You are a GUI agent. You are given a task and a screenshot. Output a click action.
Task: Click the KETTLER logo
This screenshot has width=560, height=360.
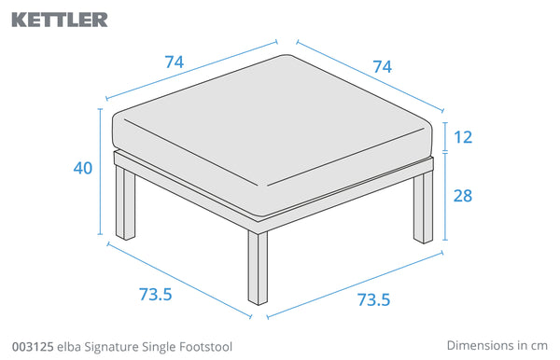(60, 20)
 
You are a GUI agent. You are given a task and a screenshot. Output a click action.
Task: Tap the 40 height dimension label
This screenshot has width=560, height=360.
(83, 168)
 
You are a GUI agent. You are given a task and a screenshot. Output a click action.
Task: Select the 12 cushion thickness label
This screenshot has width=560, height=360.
(463, 137)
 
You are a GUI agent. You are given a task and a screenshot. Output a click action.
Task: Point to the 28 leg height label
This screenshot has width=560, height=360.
(463, 196)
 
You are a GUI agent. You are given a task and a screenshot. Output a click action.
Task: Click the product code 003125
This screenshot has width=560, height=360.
(33, 347)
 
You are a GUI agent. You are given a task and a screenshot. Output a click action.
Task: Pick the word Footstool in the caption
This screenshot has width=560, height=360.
(205, 347)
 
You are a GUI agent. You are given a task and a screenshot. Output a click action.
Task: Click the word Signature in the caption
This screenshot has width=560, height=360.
(111, 347)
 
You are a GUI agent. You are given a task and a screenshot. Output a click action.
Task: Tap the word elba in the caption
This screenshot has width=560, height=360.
(68, 347)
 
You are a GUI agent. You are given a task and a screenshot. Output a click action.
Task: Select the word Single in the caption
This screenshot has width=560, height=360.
(159, 347)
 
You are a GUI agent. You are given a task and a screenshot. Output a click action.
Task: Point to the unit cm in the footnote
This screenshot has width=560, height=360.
(539, 346)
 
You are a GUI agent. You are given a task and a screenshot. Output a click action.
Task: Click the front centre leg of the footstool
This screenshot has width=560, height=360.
(258, 268)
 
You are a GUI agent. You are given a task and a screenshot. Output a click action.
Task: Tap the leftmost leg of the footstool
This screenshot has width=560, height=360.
(125, 202)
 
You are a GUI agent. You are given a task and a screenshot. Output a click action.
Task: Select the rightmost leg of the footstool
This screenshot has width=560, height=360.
(423, 208)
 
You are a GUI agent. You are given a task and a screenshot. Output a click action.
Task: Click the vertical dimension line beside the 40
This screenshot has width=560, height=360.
(101, 172)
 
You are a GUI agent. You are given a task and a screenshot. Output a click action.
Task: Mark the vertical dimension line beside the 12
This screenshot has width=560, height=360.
(445, 137)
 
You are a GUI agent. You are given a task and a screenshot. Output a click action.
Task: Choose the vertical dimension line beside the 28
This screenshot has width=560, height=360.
(445, 196)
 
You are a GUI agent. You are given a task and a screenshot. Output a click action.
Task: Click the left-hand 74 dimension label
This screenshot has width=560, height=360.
(175, 62)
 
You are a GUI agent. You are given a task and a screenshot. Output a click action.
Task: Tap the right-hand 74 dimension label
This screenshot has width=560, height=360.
(382, 67)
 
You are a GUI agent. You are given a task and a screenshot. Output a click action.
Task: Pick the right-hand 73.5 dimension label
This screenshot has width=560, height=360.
(373, 299)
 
